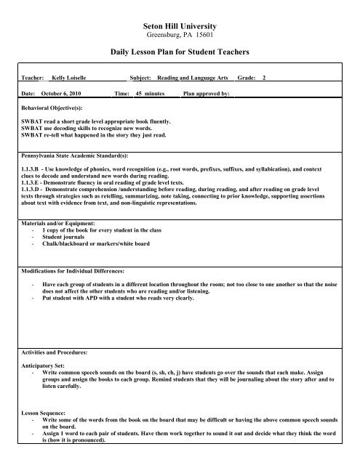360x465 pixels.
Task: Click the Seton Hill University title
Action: [180, 24]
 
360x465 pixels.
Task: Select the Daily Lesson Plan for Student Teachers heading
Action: [180, 54]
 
